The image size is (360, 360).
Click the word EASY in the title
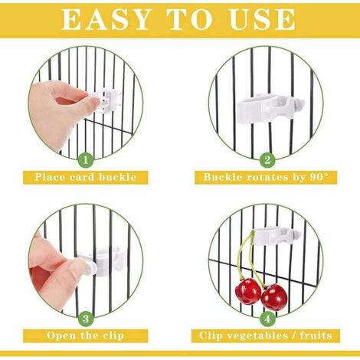[x=106, y=20]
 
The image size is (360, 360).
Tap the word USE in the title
[x=263, y=20]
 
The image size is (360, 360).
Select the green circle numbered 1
[x=86, y=160]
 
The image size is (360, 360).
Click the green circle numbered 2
[x=267, y=160]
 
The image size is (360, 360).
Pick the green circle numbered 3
[x=86, y=319]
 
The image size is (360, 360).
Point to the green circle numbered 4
[x=267, y=319]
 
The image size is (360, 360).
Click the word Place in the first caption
[x=50, y=177]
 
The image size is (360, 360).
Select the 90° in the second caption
[x=319, y=177]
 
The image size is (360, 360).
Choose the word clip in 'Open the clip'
[x=113, y=335]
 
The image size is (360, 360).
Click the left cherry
[x=247, y=291]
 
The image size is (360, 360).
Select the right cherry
[x=274, y=296]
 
